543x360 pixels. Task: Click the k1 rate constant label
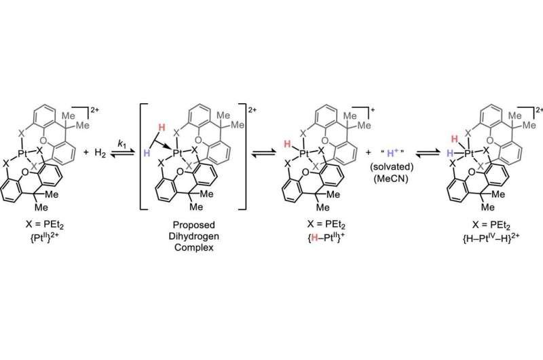point(121,143)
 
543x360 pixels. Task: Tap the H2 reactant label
point(100,153)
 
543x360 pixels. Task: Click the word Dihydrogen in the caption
point(194,236)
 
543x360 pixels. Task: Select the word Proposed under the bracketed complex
point(194,225)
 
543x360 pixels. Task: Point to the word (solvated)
point(392,166)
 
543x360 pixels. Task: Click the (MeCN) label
point(392,179)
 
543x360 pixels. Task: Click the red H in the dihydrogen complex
point(162,127)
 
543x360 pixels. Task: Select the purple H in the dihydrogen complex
point(147,153)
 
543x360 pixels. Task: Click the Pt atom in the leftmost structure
point(22,153)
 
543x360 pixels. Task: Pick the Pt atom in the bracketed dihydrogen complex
point(178,153)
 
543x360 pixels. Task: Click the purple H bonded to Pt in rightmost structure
point(450,153)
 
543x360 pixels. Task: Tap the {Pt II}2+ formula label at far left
point(45,237)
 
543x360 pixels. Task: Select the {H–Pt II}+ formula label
point(325,237)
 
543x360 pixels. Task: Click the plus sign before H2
point(86,152)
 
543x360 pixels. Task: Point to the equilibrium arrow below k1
point(121,154)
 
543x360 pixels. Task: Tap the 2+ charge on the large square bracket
point(252,110)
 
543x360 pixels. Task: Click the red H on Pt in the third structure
point(287,144)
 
